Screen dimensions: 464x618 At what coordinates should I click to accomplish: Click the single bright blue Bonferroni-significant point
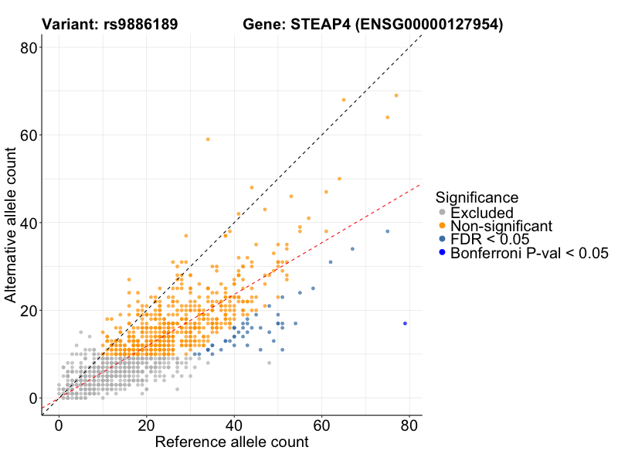tap(405, 323)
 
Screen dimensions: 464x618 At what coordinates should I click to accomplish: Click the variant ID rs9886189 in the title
tap(141, 25)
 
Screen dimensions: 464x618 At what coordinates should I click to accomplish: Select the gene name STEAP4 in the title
tap(318, 25)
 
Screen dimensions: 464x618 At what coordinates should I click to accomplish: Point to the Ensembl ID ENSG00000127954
tap(430, 25)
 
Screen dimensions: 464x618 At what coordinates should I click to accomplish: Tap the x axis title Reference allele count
tap(232, 443)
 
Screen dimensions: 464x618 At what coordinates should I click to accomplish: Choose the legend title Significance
tap(476, 197)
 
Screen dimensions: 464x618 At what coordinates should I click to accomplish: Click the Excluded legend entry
tap(481, 213)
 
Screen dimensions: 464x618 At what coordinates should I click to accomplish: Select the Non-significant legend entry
tap(501, 226)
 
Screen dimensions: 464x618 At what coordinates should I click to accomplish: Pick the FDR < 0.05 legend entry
tap(491, 239)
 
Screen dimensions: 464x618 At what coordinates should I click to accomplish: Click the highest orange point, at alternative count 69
tap(396, 95)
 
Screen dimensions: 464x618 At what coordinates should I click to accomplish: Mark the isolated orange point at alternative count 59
tap(208, 139)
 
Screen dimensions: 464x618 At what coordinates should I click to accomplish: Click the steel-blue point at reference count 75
tap(388, 231)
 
